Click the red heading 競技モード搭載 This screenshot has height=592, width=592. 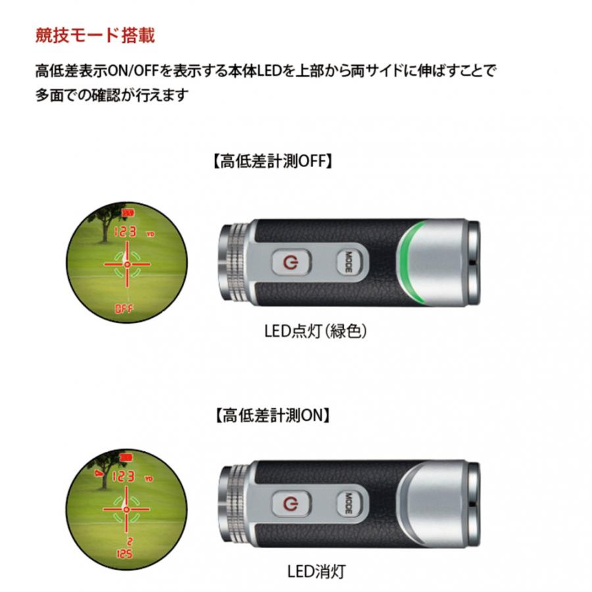coord(95,35)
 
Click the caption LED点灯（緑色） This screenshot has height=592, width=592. coord(315,331)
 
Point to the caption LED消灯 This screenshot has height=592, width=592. coord(316,570)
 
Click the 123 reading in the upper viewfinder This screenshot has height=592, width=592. coord(124,232)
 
